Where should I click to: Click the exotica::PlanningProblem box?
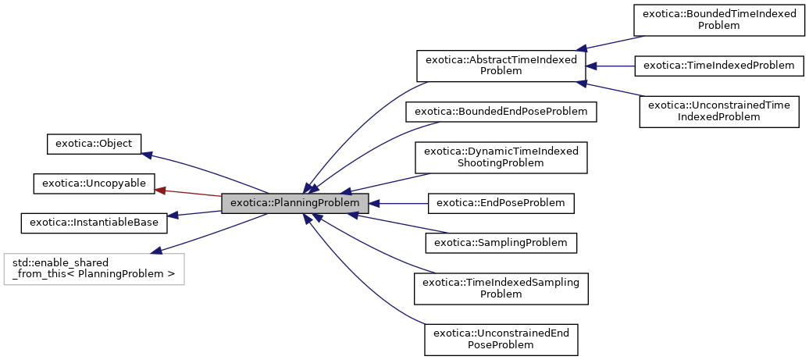tap(294, 203)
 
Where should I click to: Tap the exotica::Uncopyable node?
tap(94, 183)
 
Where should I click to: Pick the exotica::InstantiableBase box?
tap(94, 222)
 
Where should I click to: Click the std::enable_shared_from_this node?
tap(94, 269)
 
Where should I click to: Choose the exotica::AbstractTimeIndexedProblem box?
tap(501, 66)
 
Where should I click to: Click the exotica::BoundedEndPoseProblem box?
tap(501, 112)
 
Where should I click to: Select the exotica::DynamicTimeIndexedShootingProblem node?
tap(501, 157)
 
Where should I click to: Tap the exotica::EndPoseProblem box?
tap(501, 203)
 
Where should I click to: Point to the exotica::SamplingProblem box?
tap(501, 243)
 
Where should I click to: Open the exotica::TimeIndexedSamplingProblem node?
tap(501, 288)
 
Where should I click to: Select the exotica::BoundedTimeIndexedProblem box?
tap(719, 19)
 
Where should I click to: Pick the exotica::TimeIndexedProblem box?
tap(719, 66)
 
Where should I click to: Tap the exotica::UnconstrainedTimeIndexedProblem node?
tap(719, 111)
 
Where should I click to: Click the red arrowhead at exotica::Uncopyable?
tap(161, 188)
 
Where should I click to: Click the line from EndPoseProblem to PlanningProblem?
tap(398, 203)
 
